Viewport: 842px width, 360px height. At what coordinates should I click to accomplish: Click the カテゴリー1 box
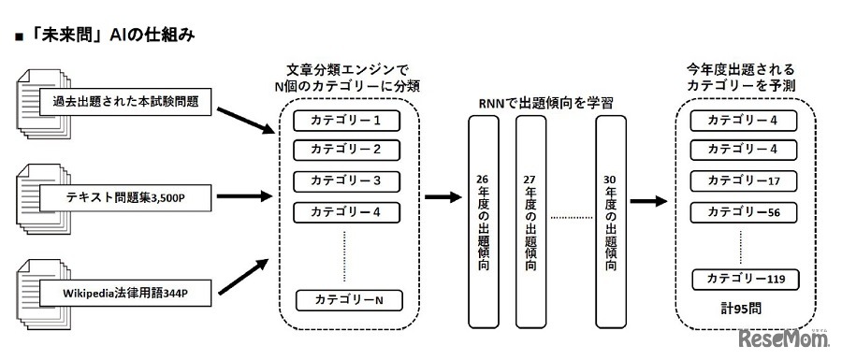click(346, 121)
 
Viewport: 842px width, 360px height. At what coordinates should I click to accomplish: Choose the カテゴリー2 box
click(346, 150)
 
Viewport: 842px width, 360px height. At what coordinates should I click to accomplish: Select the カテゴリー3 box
click(346, 180)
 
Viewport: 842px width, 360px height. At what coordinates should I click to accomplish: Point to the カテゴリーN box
click(346, 300)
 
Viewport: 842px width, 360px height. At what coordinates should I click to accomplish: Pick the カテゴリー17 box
click(742, 180)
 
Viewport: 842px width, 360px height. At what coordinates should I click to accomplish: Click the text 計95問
click(741, 308)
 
